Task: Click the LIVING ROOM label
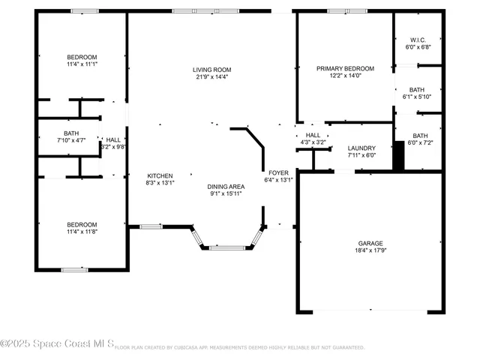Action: pos(211,70)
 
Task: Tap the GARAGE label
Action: pos(370,244)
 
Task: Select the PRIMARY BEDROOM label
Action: pos(344,69)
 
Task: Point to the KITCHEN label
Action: pos(159,175)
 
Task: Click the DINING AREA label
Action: pos(226,186)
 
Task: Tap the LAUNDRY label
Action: pos(361,148)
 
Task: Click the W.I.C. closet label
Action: pos(418,40)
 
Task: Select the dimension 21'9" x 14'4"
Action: pos(211,77)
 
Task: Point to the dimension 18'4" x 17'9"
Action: pos(370,252)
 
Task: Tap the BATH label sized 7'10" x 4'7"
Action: pos(71,133)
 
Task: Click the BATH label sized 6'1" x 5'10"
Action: pos(417,89)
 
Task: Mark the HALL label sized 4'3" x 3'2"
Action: pos(313,135)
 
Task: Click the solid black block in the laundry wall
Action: pos(399,155)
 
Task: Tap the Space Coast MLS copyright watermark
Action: pos(57,344)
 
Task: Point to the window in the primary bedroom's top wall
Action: pos(347,10)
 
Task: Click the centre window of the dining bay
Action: pos(226,247)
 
